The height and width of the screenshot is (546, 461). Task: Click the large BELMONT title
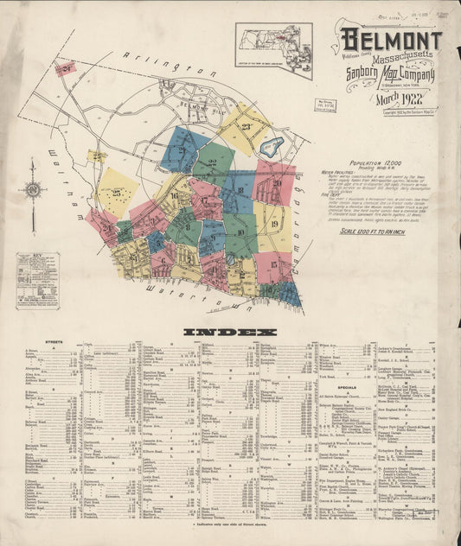[390, 40]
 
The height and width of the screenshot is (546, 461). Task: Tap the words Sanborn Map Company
[389, 75]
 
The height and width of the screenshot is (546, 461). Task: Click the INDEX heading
[230, 332]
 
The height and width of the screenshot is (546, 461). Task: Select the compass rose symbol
[33, 189]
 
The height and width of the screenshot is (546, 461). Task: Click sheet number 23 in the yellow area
[247, 127]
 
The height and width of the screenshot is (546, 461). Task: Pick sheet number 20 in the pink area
[277, 183]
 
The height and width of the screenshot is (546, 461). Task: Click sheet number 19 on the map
[272, 224]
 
